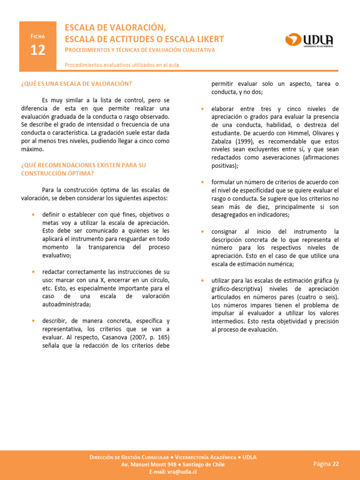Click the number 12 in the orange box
pos(38,50)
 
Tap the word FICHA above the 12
pos(38,36)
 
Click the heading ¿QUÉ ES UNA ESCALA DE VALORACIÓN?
pos(76,83)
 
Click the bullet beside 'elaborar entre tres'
pos(202,109)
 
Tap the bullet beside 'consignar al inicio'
pos(202,231)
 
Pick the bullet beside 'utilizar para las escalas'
pos(202,280)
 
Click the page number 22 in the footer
pos(335,464)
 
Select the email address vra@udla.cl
pos(180,472)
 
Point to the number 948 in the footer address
pos(171,465)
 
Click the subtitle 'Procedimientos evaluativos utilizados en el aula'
pos(122,65)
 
